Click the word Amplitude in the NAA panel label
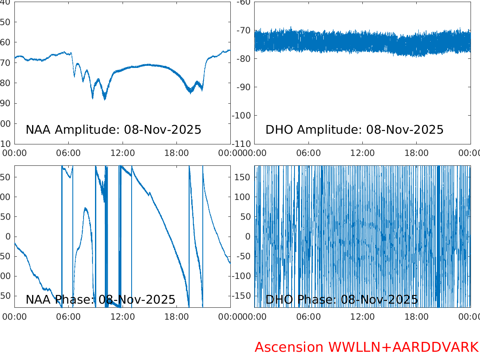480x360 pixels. pyautogui.click(x=86, y=130)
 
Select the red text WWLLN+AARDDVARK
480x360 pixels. pyautogui.click(x=403, y=347)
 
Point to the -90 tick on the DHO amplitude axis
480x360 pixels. pyautogui.click(x=243, y=87)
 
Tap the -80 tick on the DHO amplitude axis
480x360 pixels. pyautogui.click(x=243, y=58)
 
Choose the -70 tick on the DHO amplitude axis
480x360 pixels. pyautogui.click(x=243, y=30)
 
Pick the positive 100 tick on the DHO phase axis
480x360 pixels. pyautogui.click(x=243, y=197)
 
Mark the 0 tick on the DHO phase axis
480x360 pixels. pyautogui.click(x=248, y=236)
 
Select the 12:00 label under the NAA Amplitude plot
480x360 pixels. pyautogui.click(x=123, y=153)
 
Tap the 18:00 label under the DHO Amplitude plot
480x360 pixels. pyautogui.click(x=416, y=153)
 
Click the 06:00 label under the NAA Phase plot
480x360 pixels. pyautogui.click(x=69, y=317)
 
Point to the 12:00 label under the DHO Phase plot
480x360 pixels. pyautogui.click(x=362, y=317)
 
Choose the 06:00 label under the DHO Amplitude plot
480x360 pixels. pyautogui.click(x=308, y=153)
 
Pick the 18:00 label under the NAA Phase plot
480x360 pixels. pyautogui.click(x=176, y=317)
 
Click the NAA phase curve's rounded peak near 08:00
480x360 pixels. pyautogui.click(x=86, y=208)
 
